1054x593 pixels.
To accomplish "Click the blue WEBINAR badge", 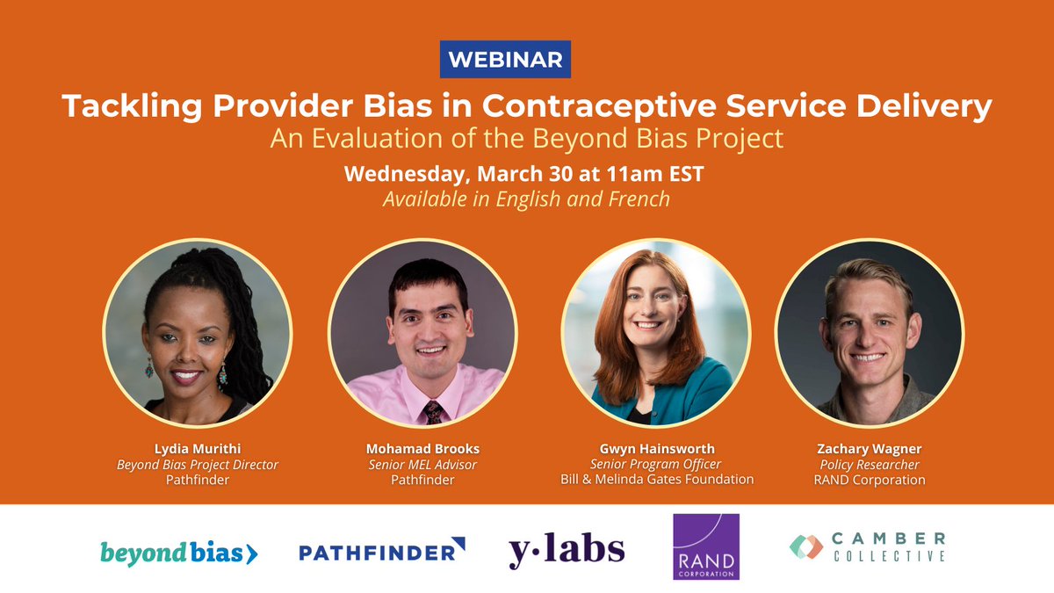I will (505, 60).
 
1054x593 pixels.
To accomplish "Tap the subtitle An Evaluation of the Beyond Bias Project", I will (526, 140).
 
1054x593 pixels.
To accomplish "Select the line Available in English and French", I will (526, 199).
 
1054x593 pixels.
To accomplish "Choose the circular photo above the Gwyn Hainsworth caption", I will (655, 332).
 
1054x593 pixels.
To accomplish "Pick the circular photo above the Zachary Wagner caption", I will (870, 332).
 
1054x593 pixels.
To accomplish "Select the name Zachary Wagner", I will (870, 448).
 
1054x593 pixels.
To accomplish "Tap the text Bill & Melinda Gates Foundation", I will (657, 480).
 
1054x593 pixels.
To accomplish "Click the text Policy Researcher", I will (870, 464).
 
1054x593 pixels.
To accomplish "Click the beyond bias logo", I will (178, 553).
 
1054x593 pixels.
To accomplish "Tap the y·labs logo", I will (567, 551).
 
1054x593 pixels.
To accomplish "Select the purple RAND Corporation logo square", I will (706, 547).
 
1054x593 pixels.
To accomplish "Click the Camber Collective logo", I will (868, 546).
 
